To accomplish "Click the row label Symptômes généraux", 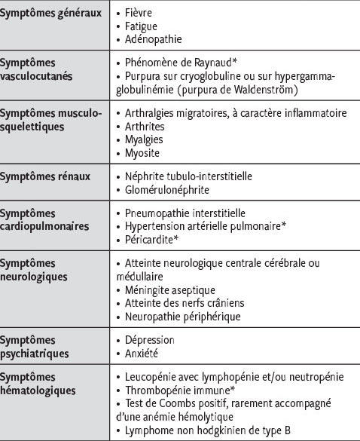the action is (x=51, y=14).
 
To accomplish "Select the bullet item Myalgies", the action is (x=145, y=139).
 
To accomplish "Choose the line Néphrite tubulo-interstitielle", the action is (x=188, y=176).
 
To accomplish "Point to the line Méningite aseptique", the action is (x=170, y=289).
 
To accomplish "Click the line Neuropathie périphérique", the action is (x=182, y=316).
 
